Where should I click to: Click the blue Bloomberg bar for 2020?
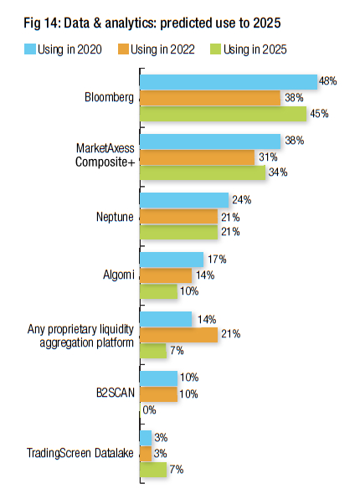(229, 82)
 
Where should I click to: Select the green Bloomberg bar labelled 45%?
(223, 114)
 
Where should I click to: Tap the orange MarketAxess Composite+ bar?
(198, 157)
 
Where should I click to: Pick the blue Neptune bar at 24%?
(184, 200)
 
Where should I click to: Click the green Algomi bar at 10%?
(159, 291)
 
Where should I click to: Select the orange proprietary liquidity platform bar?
(178, 335)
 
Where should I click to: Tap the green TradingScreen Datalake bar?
(153, 470)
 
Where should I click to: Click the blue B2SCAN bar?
(159, 378)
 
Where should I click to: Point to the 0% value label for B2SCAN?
(149, 410)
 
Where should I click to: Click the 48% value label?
(327, 81)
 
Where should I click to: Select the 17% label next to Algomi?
(217, 260)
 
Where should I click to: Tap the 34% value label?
(278, 172)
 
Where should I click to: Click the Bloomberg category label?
(109, 97)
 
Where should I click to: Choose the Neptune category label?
(115, 217)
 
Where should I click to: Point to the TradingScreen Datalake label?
(80, 453)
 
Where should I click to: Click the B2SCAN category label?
(116, 393)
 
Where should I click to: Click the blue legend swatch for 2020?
(30, 49)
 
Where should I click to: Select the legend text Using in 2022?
(162, 49)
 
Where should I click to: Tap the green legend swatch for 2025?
(216, 49)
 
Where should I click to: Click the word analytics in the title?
(131, 23)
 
